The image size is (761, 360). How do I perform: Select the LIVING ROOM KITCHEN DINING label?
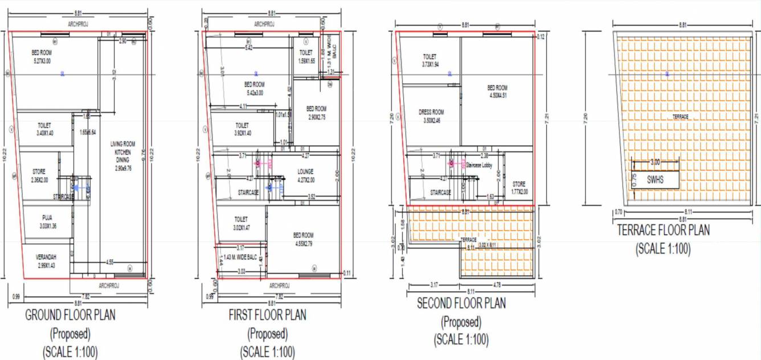[123, 156]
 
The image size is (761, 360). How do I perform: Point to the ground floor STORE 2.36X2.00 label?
[40, 175]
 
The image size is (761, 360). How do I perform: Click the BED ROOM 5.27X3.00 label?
[41, 56]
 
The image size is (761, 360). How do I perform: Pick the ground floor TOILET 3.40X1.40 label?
[44, 129]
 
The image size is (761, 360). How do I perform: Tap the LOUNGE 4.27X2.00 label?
[305, 175]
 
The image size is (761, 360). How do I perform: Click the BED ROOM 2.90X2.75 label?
[316, 112]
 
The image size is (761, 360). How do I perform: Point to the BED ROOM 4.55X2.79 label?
[303, 239]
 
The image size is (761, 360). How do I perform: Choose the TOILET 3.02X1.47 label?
[241, 223]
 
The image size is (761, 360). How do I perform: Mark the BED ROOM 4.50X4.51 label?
[497, 91]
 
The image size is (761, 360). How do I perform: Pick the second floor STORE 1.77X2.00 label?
[518, 188]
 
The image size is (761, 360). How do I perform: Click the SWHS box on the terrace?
[655, 179]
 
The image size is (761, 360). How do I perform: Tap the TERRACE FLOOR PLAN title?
[664, 230]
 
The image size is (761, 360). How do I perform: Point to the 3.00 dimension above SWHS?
[655, 163]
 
